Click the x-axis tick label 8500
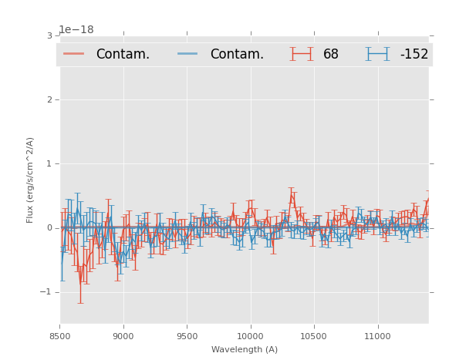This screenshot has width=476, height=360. pos(60,336)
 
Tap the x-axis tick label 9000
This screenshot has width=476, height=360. pos(123,336)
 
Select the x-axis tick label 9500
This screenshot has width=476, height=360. pos(187,336)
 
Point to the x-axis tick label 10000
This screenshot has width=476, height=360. pos(250,336)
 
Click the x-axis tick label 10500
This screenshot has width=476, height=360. pos(313,336)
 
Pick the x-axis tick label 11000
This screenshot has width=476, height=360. pos(377,336)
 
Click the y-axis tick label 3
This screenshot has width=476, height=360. pos(49,35)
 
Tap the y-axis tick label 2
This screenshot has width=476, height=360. pos(49,99)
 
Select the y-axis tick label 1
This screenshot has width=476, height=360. pos(49,163)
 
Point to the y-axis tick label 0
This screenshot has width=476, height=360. pos(49,227)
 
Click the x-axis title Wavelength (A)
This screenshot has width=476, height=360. pos(245,349)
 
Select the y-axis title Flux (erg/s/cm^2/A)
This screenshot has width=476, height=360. pos(31,180)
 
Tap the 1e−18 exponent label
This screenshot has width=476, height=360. pos(76,30)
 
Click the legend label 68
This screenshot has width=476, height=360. pos(331,55)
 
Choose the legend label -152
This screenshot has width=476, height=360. pos(414,55)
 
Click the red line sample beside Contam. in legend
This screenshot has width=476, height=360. pos(75,54)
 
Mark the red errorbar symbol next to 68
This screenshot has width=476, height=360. pos(302,54)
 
